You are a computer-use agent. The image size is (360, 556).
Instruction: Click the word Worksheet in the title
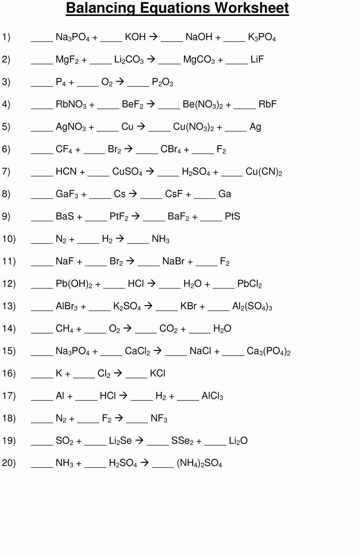(x=252, y=8)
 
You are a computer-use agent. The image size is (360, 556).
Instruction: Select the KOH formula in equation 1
(x=135, y=37)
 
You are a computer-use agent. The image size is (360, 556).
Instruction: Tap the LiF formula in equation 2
(x=257, y=59)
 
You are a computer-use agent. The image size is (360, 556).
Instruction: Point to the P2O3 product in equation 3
(x=162, y=82)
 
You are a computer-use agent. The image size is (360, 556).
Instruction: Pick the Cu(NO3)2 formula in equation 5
(x=194, y=127)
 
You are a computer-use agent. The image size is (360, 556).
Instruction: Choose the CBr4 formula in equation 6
(x=171, y=149)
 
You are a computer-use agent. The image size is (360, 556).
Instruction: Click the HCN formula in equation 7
(x=66, y=171)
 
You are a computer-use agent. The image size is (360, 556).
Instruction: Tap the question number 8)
(x=6, y=194)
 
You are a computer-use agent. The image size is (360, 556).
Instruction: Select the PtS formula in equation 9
(x=232, y=216)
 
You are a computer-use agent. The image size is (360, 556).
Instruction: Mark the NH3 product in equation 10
(x=161, y=239)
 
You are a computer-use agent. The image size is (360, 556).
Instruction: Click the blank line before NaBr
(x=148, y=266)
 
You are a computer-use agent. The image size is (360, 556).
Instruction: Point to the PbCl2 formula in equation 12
(x=250, y=284)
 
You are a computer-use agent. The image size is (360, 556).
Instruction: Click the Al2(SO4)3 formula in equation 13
(x=252, y=306)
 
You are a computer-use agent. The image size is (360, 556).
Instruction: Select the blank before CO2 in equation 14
(x=146, y=333)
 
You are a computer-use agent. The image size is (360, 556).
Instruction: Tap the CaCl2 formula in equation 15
(x=138, y=351)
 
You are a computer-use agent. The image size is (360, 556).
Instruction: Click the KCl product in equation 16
(x=158, y=373)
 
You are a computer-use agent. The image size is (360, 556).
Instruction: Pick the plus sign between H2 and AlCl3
(x=172, y=396)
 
